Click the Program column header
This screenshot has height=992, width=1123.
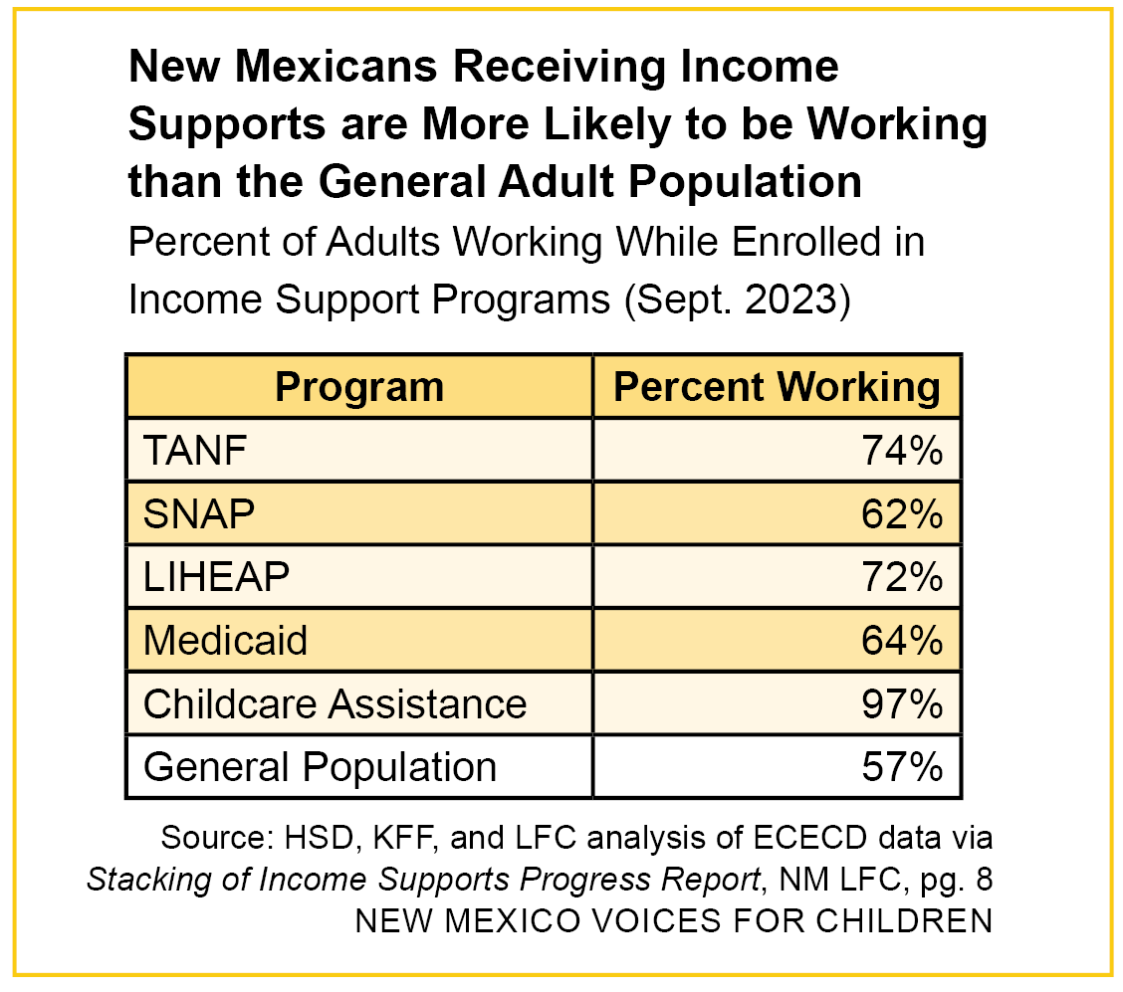coord(358,387)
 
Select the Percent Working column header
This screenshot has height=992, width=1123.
coord(777,387)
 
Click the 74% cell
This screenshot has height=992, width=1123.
coord(902,452)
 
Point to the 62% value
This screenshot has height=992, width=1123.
coord(902,514)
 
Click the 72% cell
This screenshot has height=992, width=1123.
coord(902,577)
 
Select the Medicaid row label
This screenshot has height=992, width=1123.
coord(225,640)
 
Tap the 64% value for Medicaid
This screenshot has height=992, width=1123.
coord(902,640)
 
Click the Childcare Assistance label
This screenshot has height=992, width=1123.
coord(335,703)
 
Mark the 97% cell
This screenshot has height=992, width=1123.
coord(902,703)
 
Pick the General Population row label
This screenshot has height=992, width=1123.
coord(320,767)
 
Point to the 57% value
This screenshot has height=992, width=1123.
coord(902,767)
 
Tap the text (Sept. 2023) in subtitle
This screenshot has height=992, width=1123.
coord(735,299)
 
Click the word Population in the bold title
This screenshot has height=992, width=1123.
coord(743,182)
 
